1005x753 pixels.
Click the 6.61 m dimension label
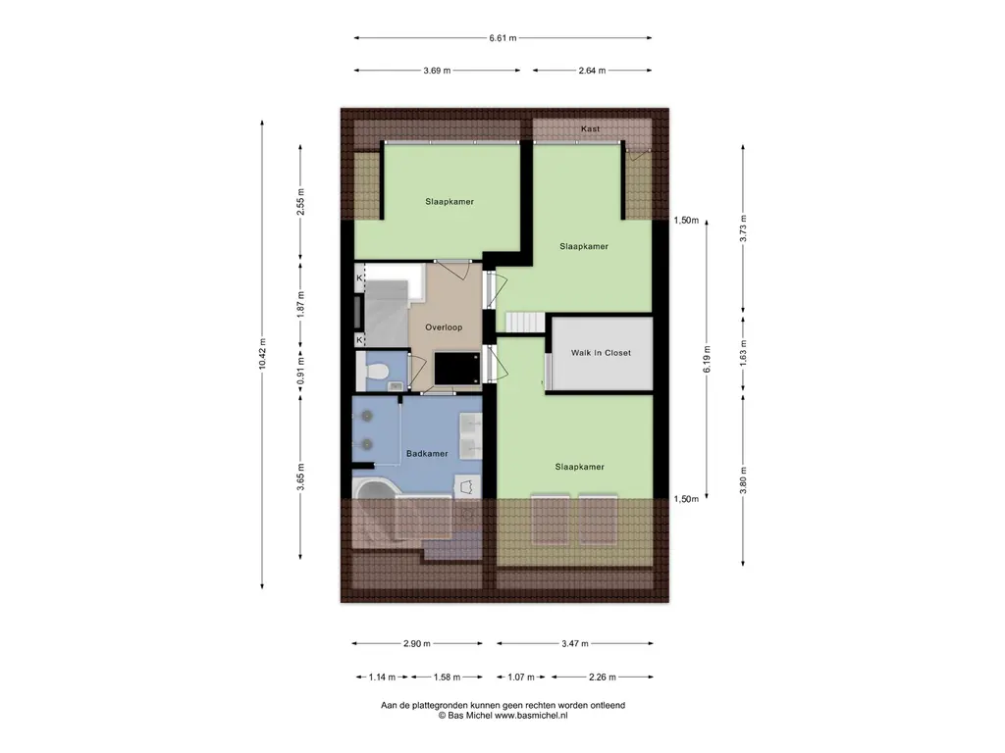(x=502, y=38)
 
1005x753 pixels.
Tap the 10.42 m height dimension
(x=261, y=353)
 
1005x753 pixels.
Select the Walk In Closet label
(x=601, y=353)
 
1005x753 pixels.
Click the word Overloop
(x=444, y=327)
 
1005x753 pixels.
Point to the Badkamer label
(x=427, y=453)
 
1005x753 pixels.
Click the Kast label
(x=590, y=128)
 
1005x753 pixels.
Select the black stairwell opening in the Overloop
(x=457, y=369)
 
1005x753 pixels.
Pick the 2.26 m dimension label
(x=603, y=677)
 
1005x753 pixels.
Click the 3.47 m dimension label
(x=575, y=643)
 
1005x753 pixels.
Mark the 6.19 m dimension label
(x=707, y=359)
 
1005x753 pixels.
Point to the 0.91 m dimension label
(x=300, y=370)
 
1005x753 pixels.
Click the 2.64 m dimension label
(x=592, y=71)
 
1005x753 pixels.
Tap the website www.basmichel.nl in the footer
(x=531, y=716)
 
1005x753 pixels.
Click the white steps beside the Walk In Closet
(x=525, y=322)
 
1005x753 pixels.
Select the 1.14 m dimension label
(x=383, y=677)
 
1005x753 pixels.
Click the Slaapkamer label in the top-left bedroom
(x=450, y=202)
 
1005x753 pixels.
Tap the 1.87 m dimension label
(x=300, y=304)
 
